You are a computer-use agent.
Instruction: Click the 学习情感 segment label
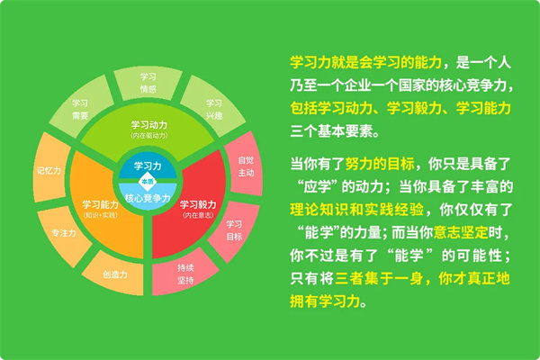(x=148, y=83)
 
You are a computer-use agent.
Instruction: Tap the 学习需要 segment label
(x=80, y=109)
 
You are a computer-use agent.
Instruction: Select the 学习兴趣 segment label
(x=214, y=109)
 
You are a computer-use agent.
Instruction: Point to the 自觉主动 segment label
(x=246, y=166)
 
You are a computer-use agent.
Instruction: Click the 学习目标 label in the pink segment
(x=234, y=230)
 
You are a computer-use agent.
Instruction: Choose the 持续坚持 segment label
(x=185, y=274)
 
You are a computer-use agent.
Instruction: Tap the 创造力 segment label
(x=115, y=274)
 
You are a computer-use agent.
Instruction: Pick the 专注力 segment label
(x=64, y=233)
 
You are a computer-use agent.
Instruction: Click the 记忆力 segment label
(x=49, y=170)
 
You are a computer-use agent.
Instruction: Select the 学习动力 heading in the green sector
(x=149, y=125)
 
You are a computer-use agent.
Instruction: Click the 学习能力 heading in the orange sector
(x=101, y=204)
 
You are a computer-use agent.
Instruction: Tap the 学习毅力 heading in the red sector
(x=198, y=204)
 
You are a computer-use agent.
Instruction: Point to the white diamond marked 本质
(x=148, y=182)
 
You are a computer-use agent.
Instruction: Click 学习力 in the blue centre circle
(x=148, y=166)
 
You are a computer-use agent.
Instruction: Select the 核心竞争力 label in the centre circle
(x=148, y=198)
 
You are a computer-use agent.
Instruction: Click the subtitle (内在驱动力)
(x=149, y=135)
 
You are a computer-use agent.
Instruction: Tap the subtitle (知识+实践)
(x=101, y=215)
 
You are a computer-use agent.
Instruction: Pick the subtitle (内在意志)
(x=198, y=215)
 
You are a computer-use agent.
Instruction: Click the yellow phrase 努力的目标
(x=380, y=164)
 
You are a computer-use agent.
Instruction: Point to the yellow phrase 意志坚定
(x=461, y=232)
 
